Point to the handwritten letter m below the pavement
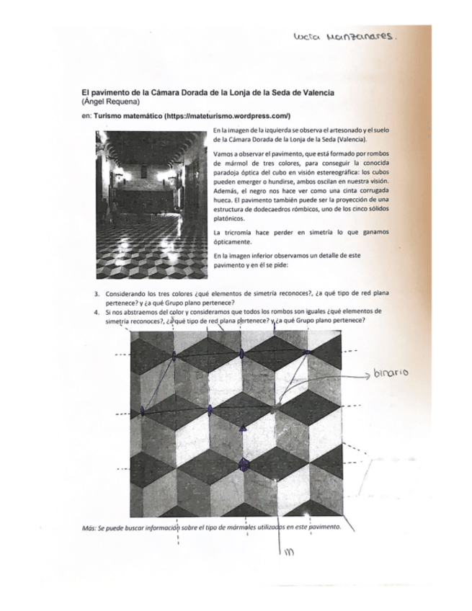click(x=289, y=553)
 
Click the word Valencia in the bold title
click(x=318, y=93)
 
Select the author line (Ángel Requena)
click(x=110, y=102)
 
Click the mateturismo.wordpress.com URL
click(x=227, y=115)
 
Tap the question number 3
click(x=97, y=295)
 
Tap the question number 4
click(x=97, y=312)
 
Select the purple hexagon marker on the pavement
click(x=244, y=465)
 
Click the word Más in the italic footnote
click(x=89, y=526)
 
